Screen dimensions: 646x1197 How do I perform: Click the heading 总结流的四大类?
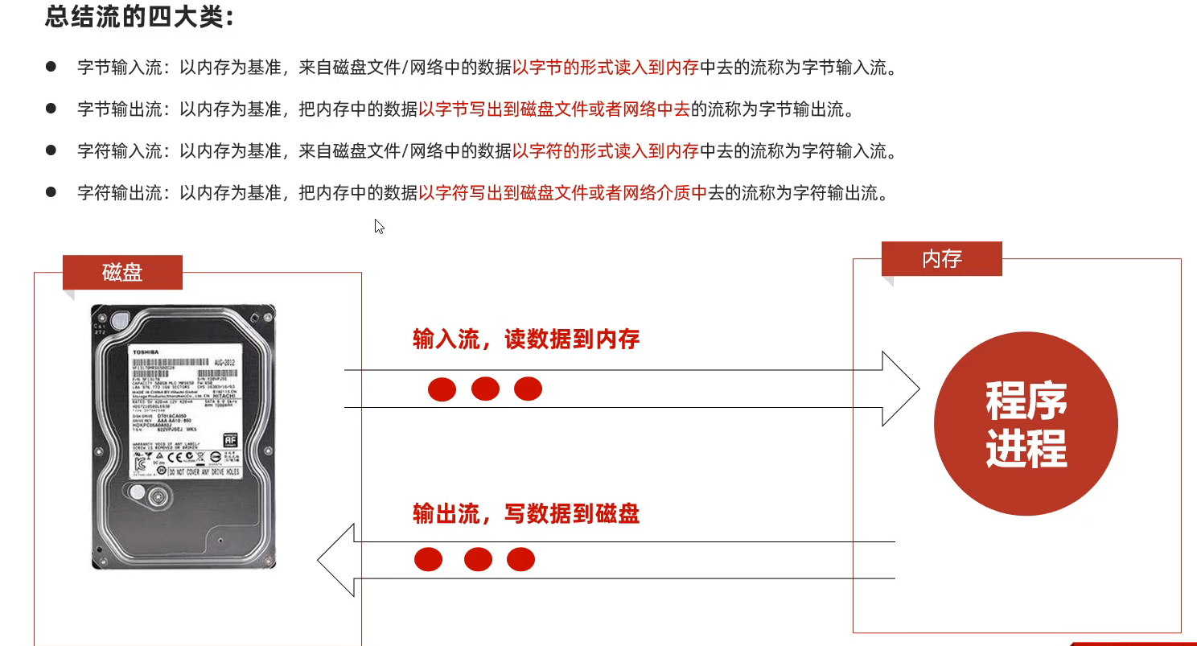coord(139,18)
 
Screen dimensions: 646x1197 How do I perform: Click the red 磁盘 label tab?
coord(122,273)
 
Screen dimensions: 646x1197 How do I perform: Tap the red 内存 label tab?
coord(942,259)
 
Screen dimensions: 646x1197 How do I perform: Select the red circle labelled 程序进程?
coord(1026,424)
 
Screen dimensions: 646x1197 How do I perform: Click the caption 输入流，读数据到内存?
coord(526,339)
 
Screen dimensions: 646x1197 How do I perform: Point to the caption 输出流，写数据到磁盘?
coord(526,513)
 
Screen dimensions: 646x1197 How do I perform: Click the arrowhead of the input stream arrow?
coord(901,389)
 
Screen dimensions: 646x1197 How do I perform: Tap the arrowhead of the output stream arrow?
coord(336,560)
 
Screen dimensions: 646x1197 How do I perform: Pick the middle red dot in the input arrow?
coord(485,389)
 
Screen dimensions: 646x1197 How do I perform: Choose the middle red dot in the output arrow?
coord(478,559)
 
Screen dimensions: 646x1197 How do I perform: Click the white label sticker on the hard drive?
coord(188,409)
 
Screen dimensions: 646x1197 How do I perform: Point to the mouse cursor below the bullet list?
coord(379,226)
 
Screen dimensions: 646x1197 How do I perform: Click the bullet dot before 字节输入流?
coord(51,67)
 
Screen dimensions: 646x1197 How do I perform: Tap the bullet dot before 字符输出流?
coord(51,192)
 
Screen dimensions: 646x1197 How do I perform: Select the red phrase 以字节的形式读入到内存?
coord(606,68)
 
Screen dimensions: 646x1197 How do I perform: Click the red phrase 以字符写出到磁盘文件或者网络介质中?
coord(562,193)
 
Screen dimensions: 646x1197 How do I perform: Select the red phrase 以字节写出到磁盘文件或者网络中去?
coord(554,109)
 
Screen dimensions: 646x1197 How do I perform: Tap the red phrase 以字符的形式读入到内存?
coord(606,151)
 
